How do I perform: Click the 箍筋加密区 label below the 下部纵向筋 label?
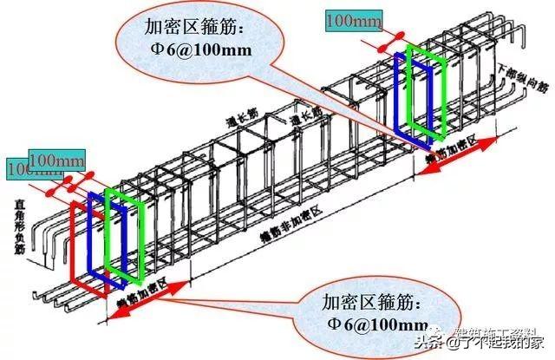click(x=450, y=147)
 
